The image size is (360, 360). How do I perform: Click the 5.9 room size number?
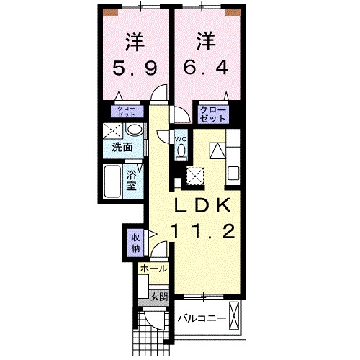[x=134, y=70]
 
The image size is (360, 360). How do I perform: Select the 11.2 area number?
[x=202, y=231]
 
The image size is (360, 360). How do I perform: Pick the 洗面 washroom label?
[x=122, y=148]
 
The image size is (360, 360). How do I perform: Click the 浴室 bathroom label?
[x=132, y=180]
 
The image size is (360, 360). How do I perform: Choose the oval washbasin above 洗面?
[x=133, y=130]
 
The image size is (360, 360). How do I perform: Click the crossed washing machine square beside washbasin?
[x=112, y=131]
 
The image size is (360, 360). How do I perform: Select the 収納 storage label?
[x=135, y=243]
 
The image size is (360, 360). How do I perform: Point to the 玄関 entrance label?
[x=158, y=295]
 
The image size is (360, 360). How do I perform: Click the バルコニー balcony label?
[x=202, y=318]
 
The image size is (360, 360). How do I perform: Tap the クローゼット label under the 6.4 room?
[x=213, y=114]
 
